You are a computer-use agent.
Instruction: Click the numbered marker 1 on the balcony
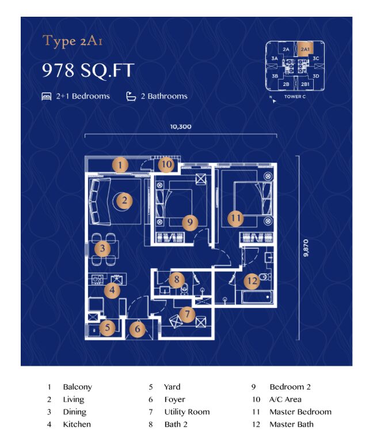point(120,165)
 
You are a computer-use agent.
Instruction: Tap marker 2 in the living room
point(124,200)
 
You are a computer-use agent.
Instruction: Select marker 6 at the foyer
point(138,329)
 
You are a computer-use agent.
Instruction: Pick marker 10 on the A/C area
point(166,164)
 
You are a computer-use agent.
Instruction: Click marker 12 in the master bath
point(252,281)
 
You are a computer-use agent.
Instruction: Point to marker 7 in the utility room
point(187,314)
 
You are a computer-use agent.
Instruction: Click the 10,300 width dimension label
point(181,126)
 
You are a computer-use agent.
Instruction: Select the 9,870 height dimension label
point(306,248)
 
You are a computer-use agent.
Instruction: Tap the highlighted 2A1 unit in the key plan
point(305,49)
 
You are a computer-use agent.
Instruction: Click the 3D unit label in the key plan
point(316,76)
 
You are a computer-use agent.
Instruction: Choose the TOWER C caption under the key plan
point(295,97)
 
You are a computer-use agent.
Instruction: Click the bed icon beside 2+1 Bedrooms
point(47,96)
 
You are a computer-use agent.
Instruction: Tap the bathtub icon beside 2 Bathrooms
point(131,96)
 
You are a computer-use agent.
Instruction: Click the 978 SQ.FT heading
point(88,70)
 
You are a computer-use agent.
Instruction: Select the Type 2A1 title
point(73,42)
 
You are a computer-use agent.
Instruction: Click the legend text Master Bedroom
point(300,412)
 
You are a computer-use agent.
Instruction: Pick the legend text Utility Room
point(187,412)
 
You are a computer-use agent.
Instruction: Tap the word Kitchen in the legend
point(77,424)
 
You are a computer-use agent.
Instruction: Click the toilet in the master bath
point(265,276)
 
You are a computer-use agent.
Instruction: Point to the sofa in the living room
point(98,201)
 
